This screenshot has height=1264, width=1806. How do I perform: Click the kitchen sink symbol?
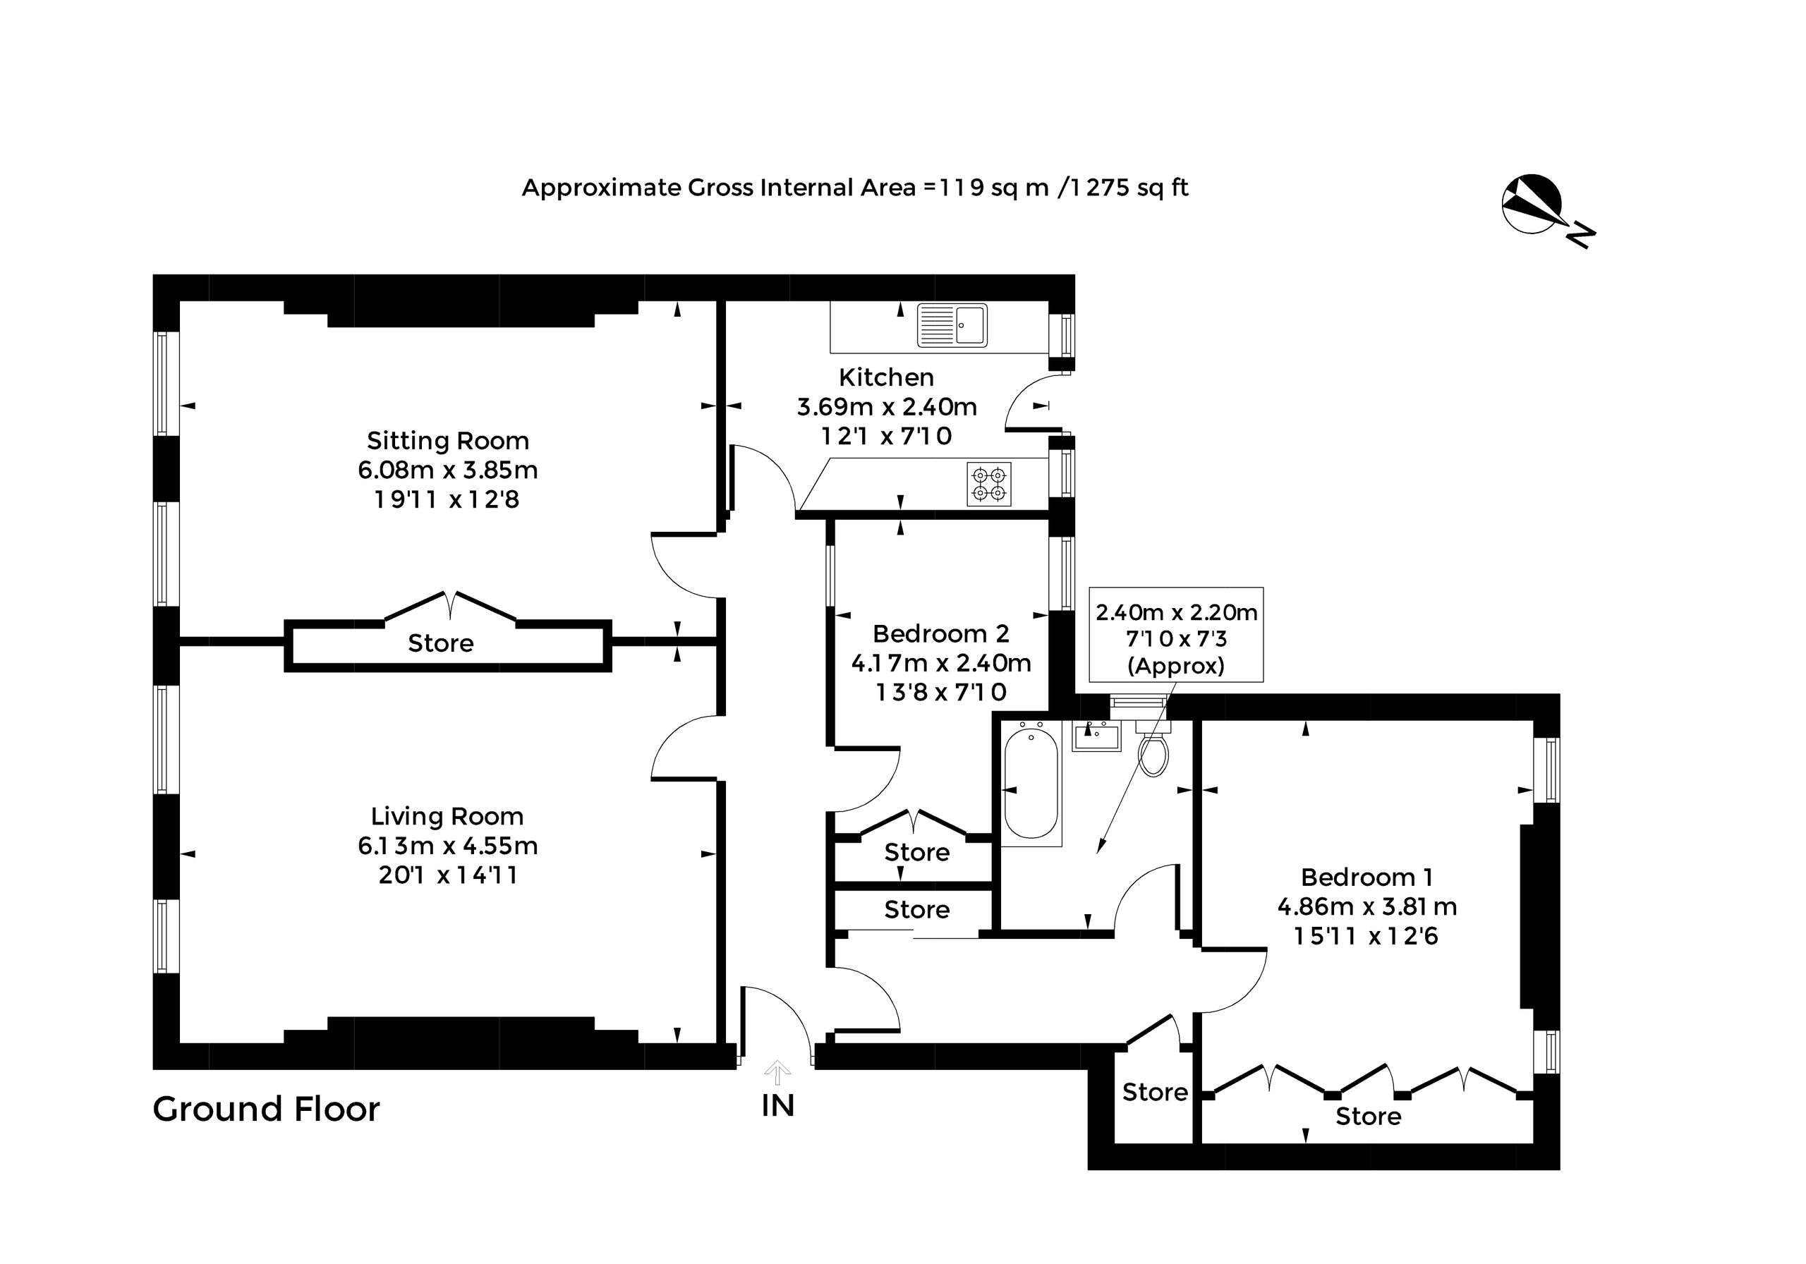click(952, 325)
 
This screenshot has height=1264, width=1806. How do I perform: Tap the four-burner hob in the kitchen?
click(989, 484)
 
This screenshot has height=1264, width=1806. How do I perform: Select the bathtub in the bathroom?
click(1031, 784)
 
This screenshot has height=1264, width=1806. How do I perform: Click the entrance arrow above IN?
click(778, 1072)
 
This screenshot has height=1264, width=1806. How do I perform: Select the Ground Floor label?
click(266, 1109)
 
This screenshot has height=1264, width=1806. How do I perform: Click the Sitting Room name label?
click(447, 440)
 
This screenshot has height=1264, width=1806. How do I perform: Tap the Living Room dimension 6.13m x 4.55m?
click(447, 846)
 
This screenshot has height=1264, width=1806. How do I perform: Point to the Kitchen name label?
click(887, 377)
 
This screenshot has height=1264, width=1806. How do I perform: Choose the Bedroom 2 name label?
click(941, 633)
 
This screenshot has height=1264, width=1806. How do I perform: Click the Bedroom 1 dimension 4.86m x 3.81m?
click(1367, 907)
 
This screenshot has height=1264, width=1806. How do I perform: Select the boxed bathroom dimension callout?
click(1176, 634)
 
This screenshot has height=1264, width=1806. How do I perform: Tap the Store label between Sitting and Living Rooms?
click(440, 643)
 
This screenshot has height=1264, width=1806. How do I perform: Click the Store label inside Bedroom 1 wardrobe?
click(1368, 1116)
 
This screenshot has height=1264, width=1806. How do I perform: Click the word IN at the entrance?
click(778, 1106)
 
